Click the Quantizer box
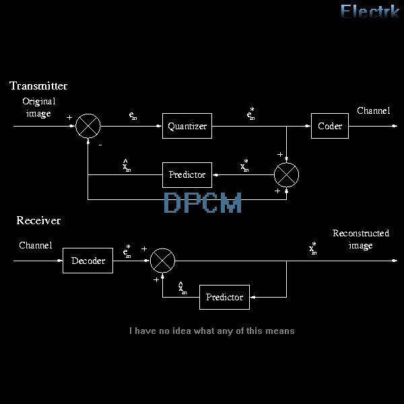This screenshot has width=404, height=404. click(x=187, y=126)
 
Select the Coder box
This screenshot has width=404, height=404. click(x=329, y=126)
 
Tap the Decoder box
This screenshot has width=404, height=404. click(x=88, y=261)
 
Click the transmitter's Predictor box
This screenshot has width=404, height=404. click(x=187, y=175)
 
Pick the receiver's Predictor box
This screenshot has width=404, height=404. click(x=224, y=297)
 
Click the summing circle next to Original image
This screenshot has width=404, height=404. click(x=88, y=126)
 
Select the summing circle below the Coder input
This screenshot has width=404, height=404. click(x=287, y=175)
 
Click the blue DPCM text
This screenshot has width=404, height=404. click(x=203, y=203)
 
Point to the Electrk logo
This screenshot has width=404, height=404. click(x=370, y=11)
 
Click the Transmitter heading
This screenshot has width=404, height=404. click(x=38, y=86)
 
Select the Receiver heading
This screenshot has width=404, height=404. click(x=38, y=221)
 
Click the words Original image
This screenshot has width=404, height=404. click(x=38, y=108)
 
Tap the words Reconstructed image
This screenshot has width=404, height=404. click(x=361, y=240)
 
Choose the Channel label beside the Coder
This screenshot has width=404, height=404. click(x=373, y=110)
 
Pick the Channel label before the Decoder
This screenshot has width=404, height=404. click(x=35, y=246)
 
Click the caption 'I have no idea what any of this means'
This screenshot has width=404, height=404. click(x=211, y=331)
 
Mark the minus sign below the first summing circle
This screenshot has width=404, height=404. click(x=100, y=144)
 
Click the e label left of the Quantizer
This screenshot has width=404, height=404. click(x=133, y=116)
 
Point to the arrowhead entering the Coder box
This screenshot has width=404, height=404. click(x=308, y=126)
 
